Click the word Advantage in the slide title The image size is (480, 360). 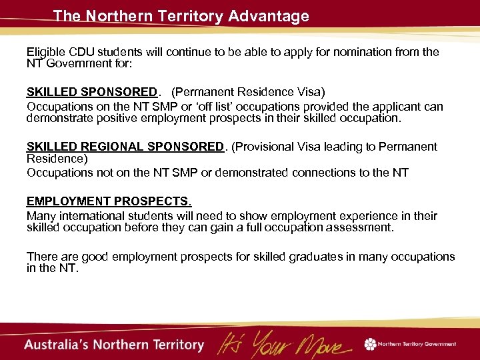tap(269, 16)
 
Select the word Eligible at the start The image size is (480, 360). tap(46, 52)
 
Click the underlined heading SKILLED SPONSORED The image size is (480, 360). tap(91, 91)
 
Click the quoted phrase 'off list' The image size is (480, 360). tap(228, 107)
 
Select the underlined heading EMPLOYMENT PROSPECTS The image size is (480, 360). tap(109, 201)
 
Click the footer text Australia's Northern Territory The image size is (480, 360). tap(114, 345)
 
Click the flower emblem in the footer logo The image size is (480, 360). tap(370, 344)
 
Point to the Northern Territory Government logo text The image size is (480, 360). tap(417, 344)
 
